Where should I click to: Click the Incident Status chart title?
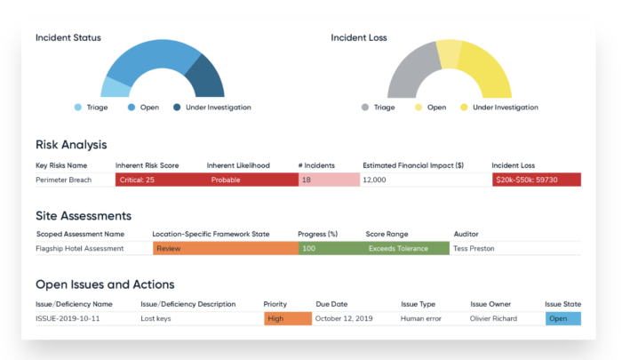(x=68, y=38)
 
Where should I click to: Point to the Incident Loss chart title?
(x=358, y=38)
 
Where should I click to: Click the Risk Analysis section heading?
(x=71, y=144)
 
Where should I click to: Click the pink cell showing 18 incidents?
(x=328, y=180)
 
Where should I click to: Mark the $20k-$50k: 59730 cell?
(x=536, y=180)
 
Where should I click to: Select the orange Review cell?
(x=225, y=248)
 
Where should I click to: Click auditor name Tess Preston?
(x=474, y=248)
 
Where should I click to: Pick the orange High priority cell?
(x=287, y=318)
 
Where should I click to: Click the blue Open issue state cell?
(x=562, y=318)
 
